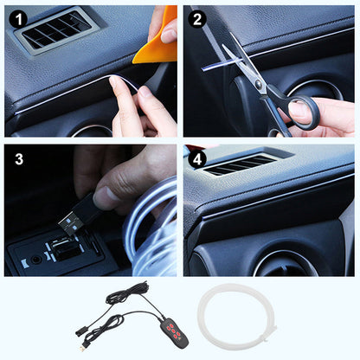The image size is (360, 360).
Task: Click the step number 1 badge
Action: (x=18, y=16)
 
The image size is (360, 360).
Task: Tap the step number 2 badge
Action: (x=196, y=16)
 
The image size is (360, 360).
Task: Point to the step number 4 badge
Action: (x=196, y=158)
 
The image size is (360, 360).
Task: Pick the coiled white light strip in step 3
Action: (x=151, y=234)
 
